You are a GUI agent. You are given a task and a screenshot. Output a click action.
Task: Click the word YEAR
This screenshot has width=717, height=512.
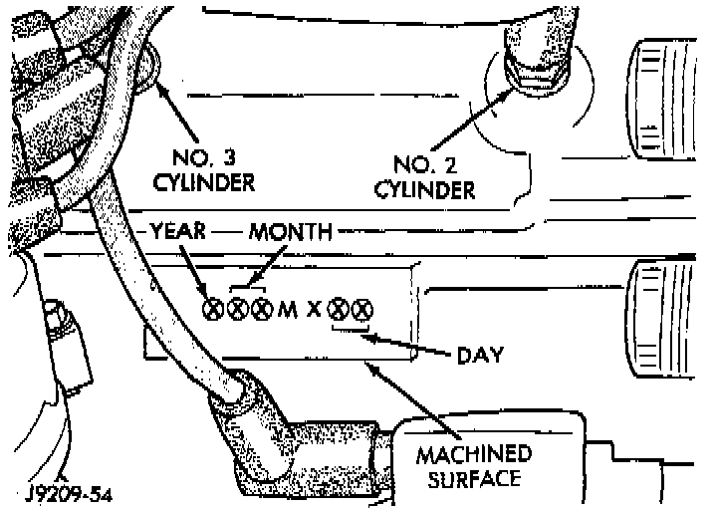177,231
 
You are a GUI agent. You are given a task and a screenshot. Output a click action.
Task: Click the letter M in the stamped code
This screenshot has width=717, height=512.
287,310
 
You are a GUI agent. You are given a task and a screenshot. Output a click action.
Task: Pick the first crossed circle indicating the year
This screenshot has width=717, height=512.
212,309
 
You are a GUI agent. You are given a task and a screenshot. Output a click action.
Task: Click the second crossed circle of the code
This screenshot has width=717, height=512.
237,309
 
